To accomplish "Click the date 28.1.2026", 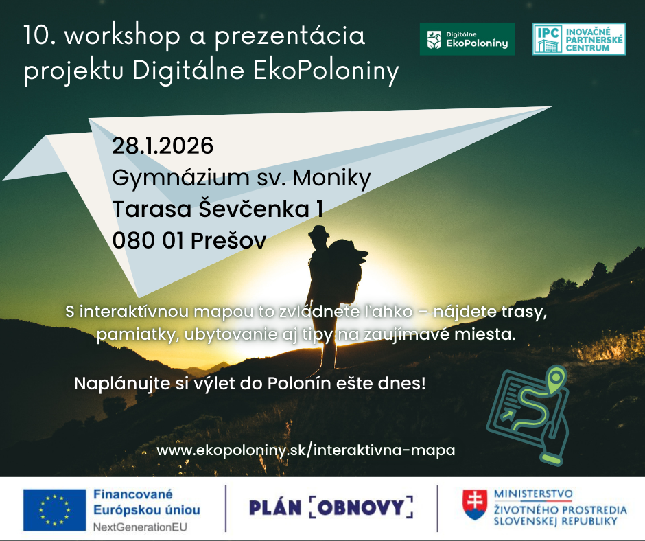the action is click(163, 146).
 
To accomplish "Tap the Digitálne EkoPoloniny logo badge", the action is click(467, 39).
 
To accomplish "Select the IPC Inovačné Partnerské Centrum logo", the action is click(578, 39).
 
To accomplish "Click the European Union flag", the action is click(54, 509).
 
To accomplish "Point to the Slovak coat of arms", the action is click(475, 505).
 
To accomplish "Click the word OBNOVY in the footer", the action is click(361, 507).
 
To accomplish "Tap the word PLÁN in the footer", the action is click(275, 507).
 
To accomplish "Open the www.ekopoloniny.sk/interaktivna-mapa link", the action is click(305, 450).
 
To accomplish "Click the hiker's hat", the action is click(319, 231).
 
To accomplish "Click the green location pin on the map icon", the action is click(556, 378).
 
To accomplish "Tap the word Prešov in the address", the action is click(228, 241).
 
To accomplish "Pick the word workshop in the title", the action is click(122, 36).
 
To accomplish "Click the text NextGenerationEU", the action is click(140, 527).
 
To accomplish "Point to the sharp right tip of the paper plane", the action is click(551, 107).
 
